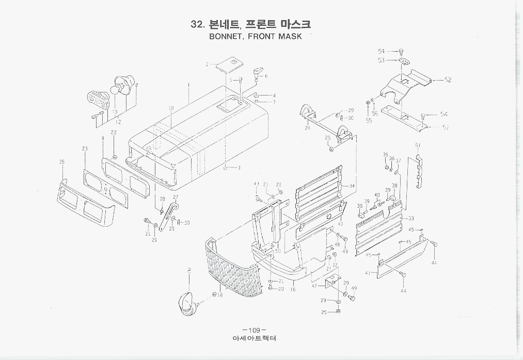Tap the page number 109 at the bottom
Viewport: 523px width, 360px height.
(x=253, y=330)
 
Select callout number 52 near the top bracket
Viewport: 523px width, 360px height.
(x=448, y=80)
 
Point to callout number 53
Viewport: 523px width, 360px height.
(x=381, y=60)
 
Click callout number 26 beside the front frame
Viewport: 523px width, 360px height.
(x=62, y=162)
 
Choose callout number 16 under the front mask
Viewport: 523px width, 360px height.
(x=293, y=290)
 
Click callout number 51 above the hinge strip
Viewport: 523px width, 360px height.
(x=418, y=145)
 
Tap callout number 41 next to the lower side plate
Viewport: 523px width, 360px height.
(x=368, y=273)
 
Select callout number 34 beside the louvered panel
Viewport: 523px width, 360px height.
(x=352, y=186)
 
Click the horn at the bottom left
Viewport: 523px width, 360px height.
(x=187, y=303)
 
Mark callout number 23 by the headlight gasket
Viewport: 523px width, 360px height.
(x=84, y=149)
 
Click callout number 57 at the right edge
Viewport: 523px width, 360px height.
(x=446, y=128)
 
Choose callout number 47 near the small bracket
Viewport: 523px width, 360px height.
(x=314, y=285)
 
